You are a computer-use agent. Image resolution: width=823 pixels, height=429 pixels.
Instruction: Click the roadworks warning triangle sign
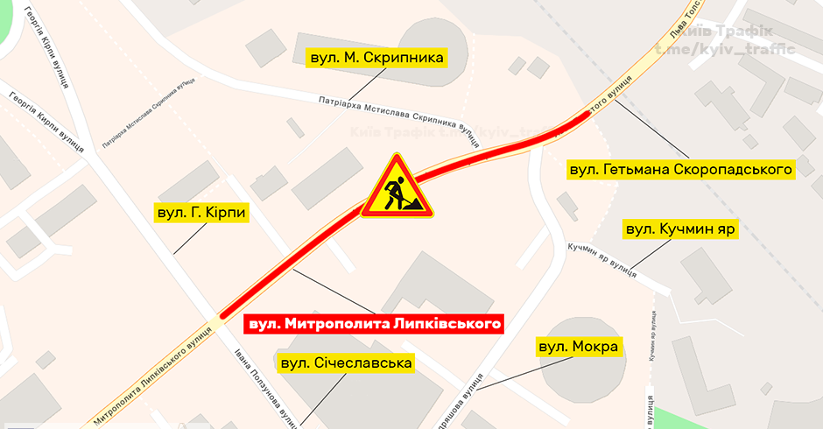pyautogui.click(x=397, y=187)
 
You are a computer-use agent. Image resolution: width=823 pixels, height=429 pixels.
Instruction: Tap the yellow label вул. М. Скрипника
pyautogui.click(x=377, y=59)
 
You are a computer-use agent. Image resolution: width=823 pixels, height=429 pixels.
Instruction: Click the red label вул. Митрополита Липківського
pyautogui.click(x=375, y=324)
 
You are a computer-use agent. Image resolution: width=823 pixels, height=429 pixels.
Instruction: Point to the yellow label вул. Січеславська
pyautogui.click(x=345, y=362)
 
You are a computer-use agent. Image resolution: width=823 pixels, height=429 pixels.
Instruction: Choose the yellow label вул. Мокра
pyautogui.click(x=579, y=348)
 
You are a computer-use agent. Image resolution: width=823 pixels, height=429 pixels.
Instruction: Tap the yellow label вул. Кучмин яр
pyautogui.click(x=679, y=230)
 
